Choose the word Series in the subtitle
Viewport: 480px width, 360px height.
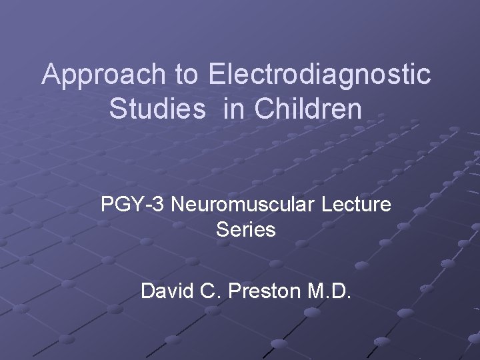tap(246, 231)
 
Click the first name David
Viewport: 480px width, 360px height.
tap(164, 291)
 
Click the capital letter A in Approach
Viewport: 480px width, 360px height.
tap(51, 75)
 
